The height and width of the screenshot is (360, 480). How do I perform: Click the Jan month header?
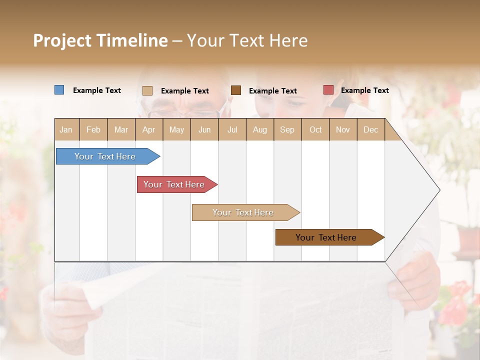click(x=66, y=129)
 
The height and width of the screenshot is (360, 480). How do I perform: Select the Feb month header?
click(x=93, y=129)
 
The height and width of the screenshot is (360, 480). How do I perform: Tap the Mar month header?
click(x=121, y=129)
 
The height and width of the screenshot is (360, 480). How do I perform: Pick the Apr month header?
click(x=149, y=129)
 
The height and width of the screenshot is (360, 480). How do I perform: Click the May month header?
click(x=176, y=129)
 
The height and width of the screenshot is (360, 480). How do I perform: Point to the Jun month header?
click(x=204, y=129)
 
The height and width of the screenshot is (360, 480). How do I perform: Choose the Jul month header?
click(x=232, y=129)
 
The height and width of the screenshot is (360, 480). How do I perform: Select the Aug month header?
click(x=260, y=129)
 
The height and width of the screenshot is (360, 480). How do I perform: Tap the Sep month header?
click(x=287, y=129)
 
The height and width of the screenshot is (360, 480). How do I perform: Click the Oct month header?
click(x=315, y=129)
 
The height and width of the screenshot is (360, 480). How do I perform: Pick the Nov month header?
click(x=343, y=129)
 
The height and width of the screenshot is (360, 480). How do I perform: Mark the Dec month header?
click(x=371, y=129)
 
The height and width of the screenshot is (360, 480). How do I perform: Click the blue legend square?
click(x=59, y=90)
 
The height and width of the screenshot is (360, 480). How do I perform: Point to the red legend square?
click(x=328, y=90)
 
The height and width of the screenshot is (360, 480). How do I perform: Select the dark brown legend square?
click(x=236, y=90)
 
